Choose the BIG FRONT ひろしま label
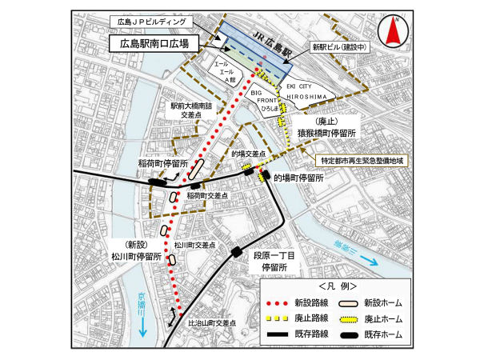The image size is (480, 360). (x=263, y=100)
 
